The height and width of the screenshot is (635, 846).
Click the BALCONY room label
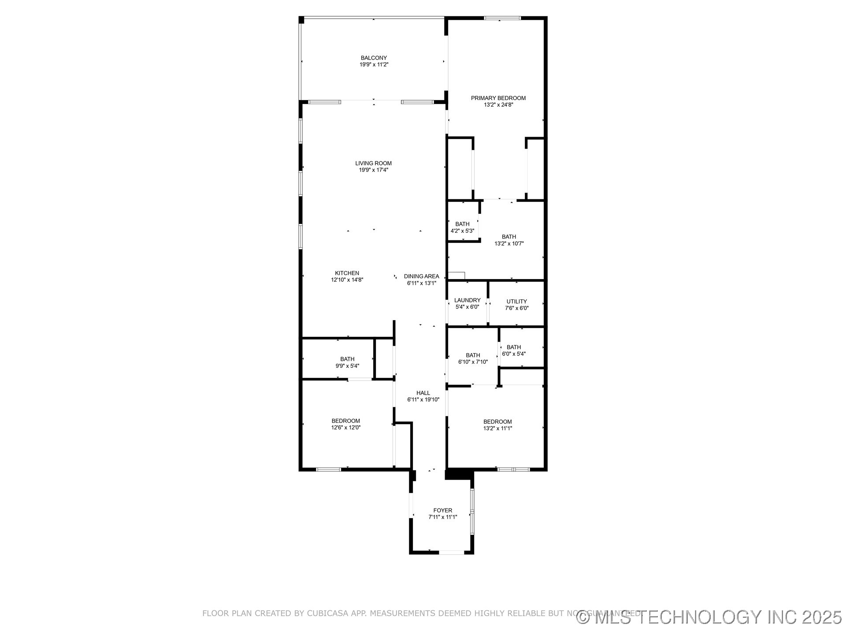[x=374, y=58]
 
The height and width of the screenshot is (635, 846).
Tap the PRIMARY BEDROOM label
[x=498, y=98]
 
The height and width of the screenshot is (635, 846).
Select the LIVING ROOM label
[x=373, y=163]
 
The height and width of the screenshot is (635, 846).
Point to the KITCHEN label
[x=347, y=273]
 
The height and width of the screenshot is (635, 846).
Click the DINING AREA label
[x=421, y=276]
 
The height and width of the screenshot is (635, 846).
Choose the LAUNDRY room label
[x=467, y=300]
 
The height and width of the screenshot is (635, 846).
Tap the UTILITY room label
[x=516, y=302]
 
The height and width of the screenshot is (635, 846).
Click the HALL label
[x=423, y=393]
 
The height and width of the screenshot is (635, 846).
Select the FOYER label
[x=442, y=510]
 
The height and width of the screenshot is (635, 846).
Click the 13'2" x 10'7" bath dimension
[x=508, y=243]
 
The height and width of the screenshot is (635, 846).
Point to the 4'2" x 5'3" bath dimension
[x=462, y=231]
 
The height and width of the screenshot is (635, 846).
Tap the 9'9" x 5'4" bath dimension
[x=347, y=366]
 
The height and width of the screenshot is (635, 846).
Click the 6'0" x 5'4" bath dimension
[x=513, y=354]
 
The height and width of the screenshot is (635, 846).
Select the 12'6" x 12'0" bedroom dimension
[x=345, y=427]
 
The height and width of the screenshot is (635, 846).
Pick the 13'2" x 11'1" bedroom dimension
[x=497, y=428]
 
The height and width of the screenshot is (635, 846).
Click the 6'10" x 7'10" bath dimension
[x=473, y=362]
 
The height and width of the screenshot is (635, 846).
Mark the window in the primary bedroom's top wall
[x=502, y=18]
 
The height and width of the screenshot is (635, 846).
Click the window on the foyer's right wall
[x=472, y=512]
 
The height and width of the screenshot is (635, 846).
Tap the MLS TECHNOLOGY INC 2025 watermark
[x=709, y=617]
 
